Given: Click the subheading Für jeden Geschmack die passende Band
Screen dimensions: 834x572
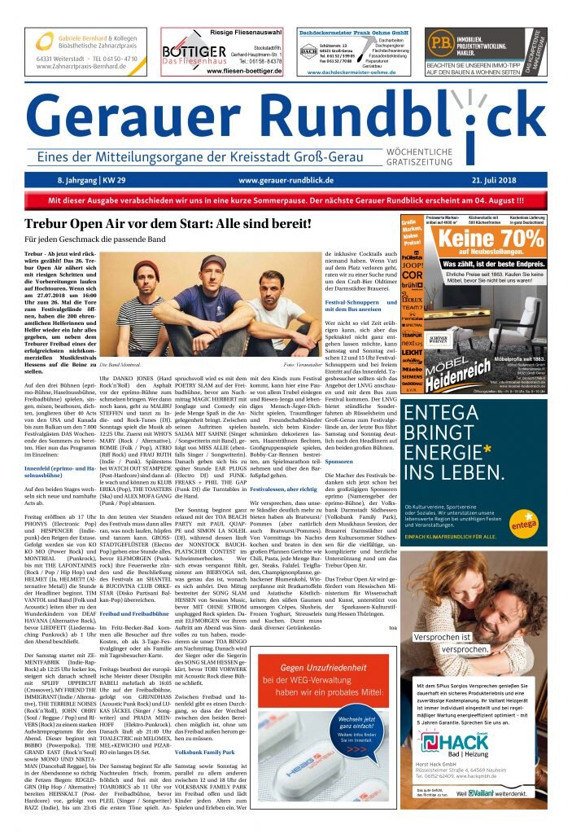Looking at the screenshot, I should [x=100, y=240].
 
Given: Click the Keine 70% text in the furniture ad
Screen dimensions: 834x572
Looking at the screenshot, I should [x=491, y=239].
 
